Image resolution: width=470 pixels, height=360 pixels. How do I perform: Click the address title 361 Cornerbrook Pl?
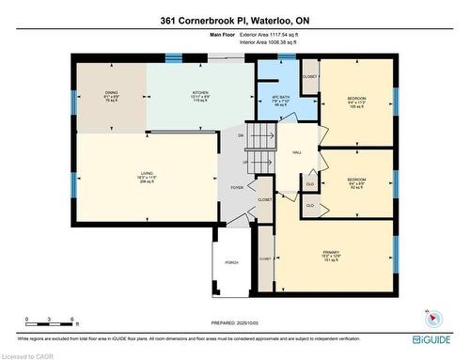coord(234,19)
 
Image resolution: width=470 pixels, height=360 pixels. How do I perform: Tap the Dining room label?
coord(111,97)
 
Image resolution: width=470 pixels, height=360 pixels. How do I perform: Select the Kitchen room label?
coord(184,97)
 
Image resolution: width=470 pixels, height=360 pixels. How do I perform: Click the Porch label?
coord(229,262)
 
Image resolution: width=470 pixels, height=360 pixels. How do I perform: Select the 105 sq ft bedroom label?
coord(356,102)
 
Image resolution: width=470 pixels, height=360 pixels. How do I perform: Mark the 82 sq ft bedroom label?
coord(356,181)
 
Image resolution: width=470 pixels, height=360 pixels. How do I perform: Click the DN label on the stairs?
coord(241,136)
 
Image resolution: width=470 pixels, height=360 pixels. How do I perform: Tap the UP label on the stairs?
coord(246,161)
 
